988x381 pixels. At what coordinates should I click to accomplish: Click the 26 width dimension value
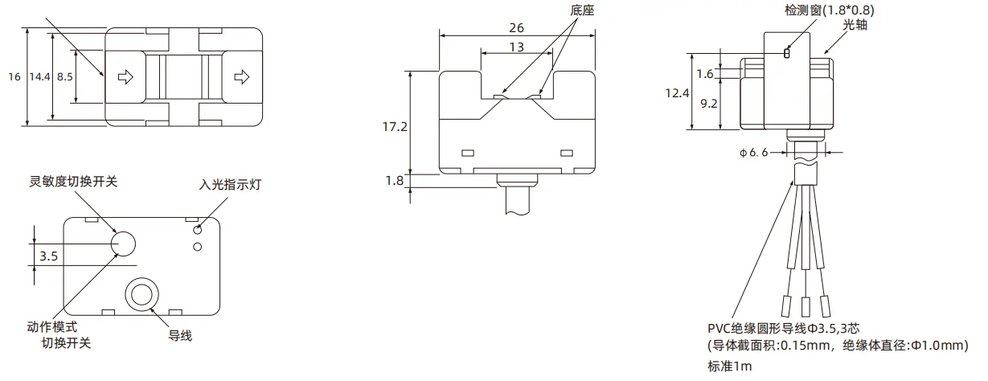coord(516,28)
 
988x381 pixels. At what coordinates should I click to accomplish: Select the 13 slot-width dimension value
coord(516,47)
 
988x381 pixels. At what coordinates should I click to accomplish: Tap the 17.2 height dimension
coord(395,127)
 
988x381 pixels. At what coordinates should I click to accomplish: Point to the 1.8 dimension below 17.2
coord(395,181)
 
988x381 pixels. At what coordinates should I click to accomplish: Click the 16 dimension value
coord(14,76)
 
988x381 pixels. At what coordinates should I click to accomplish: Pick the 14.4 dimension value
coord(39,76)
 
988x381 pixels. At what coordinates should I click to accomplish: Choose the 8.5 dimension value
coord(64,76)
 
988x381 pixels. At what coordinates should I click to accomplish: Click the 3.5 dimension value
coord(48,256)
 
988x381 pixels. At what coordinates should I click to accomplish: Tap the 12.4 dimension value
coord(677,93)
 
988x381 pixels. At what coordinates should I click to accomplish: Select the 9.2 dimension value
coord(709,104)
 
